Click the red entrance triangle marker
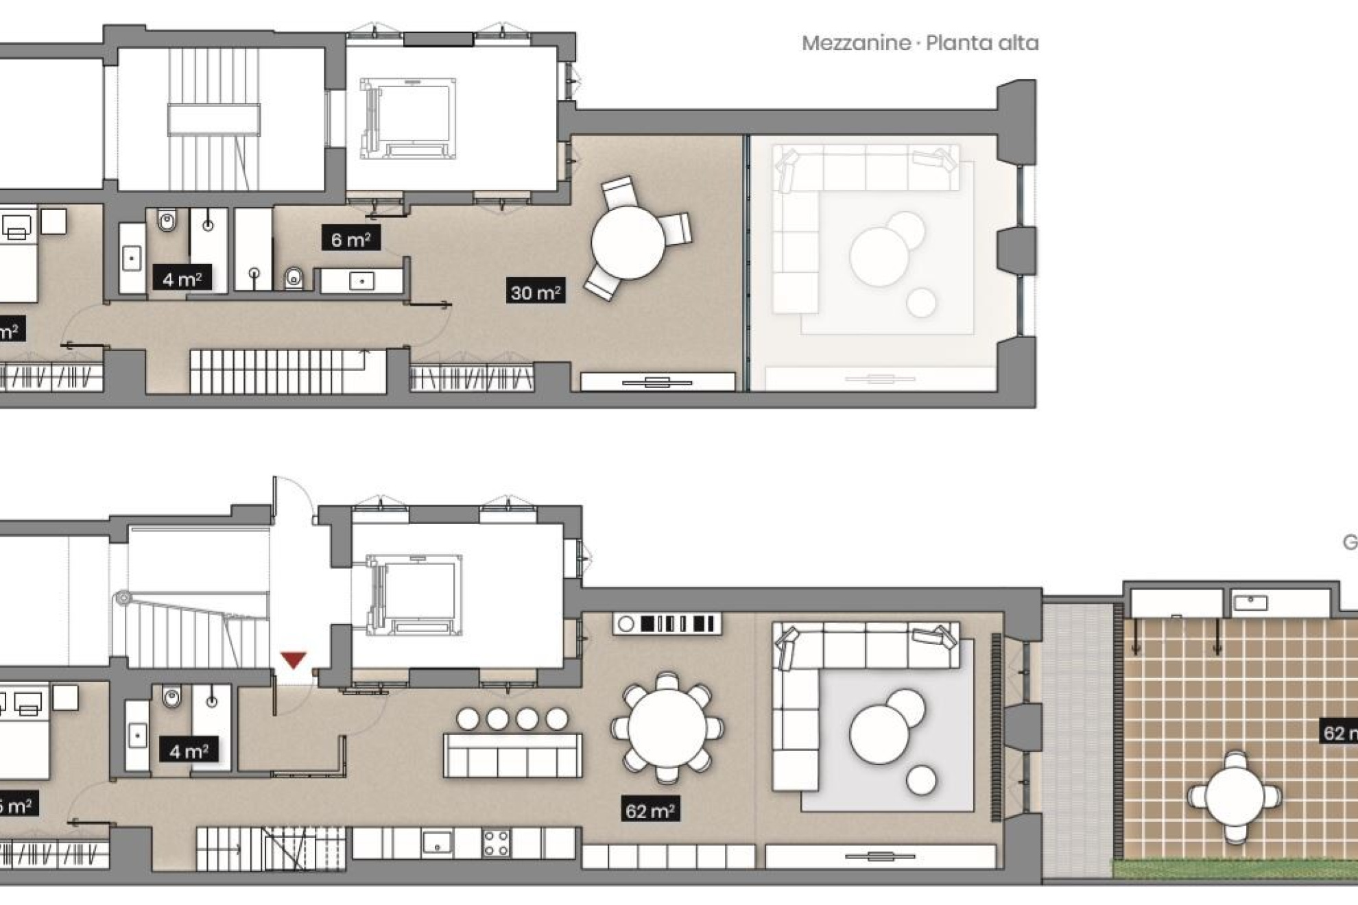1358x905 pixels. click(x=294, y=660)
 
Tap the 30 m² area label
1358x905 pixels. click(x=536, y=293)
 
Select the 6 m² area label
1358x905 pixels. click(x=350, y=239)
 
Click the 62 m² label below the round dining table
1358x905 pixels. click(x=650, y=811)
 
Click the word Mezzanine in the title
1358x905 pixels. click(x=855, y=43)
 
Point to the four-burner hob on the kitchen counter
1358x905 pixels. click(x=496, y=843)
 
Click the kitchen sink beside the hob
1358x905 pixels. click(x=437, y=842)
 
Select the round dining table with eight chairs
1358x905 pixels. click(x=667, y=727)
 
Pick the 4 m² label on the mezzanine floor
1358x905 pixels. click(x=182, y=279)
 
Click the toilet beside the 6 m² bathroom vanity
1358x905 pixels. click(x=294, y=278)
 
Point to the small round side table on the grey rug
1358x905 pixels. click(x=920, y=780)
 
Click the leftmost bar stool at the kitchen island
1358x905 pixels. click(x=468, y=719)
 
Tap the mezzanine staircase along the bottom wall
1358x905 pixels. click(x=274, y=372)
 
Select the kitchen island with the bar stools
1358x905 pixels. click(x=512, y=755)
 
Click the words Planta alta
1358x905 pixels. click(x=981, y=43)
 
